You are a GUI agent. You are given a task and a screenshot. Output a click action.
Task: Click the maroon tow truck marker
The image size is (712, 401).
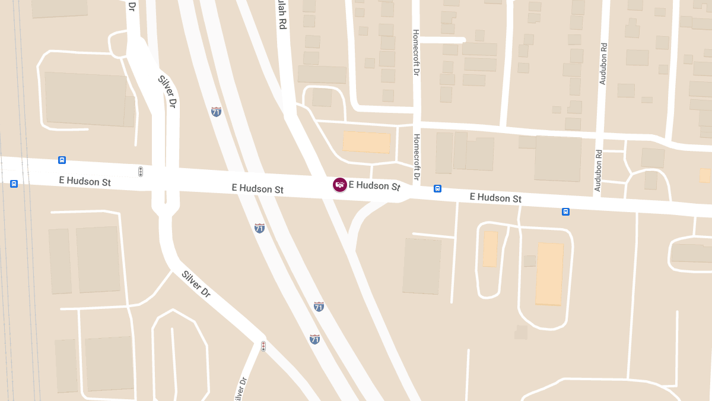pyautogui.click(x=340, y=185)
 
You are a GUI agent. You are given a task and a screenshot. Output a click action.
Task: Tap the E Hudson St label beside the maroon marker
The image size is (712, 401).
pyautogui.click(x=374, y=185)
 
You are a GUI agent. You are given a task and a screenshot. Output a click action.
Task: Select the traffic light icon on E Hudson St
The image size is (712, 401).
pyautogui.click(x=141, y=172)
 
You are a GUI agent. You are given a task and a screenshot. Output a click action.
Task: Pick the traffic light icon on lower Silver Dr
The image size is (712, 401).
pyautogui.click(x=263, y=346)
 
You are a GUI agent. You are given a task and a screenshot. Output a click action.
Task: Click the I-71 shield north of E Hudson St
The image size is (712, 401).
pyautogui.click(x=217, y=111)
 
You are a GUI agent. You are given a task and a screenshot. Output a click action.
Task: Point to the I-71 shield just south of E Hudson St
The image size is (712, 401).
pyautogui.click(x=259, y=228)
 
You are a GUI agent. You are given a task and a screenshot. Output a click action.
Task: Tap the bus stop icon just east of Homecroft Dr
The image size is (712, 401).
pyautogui.click(x=437, y=188)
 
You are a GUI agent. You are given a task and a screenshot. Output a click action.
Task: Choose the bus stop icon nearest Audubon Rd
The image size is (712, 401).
pyautogui.click(x=565, y=211)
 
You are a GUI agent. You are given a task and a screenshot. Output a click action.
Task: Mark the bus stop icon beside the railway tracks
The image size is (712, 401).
pyautogui.click(x=14, y=184)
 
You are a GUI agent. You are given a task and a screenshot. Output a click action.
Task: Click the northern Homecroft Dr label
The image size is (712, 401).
pyautogui.click(x=416, y=52)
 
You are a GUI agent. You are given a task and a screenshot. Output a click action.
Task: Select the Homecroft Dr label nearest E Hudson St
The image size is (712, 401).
pyautogui.click(x=417, y=157)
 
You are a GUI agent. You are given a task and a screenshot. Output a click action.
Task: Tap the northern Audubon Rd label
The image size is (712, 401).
pyautogui.click(x=603, y=64)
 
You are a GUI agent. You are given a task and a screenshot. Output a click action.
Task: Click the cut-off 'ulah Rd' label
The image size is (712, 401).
pyautogui.click(x=281, y=15)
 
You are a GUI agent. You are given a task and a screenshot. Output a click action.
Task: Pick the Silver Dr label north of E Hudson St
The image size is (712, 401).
pyautogui.click(x=167, y=91)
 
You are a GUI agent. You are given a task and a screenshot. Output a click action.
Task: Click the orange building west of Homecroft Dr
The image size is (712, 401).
pyautogui.click(x=366, y=142)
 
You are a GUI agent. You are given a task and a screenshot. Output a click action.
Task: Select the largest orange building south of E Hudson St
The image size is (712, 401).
pyautogui.click(x=549, y=273)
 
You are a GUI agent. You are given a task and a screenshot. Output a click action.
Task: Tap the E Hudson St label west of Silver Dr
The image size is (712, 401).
pyautogui.click(x=85, y=181)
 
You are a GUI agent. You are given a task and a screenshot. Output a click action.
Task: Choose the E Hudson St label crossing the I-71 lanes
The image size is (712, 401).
pyautogui.click(x=258, y=189)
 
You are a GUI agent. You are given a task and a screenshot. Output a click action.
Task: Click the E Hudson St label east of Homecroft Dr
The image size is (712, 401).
pyautogui.click(x=495, y=197)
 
